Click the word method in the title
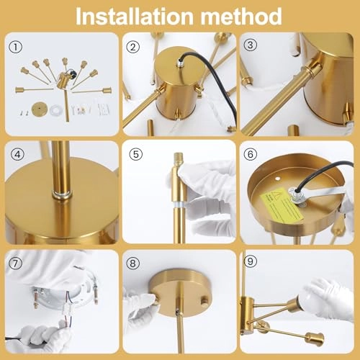[x=240, y=15]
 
